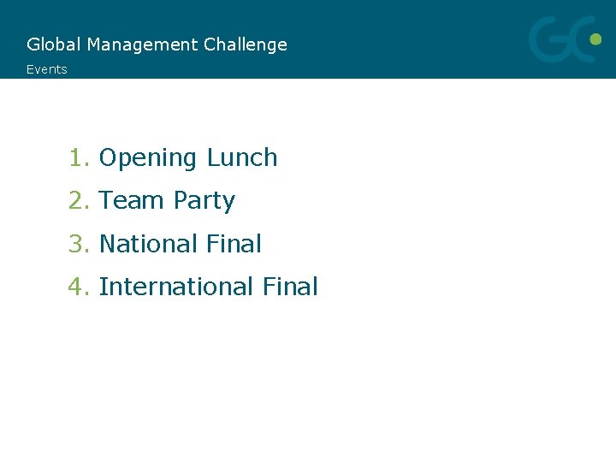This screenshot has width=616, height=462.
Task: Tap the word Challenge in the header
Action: [x=246, y=44]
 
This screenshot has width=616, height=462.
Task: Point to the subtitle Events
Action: [x=46, y=69]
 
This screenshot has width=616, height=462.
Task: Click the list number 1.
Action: [x=78, y=158]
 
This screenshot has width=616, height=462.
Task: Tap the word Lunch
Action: [x=242, y=158]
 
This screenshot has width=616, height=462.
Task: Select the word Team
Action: [x=132, y=201]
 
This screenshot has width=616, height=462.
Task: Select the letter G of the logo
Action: [x=551, y=40]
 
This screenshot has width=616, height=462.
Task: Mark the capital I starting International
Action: [x=103, y=287]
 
